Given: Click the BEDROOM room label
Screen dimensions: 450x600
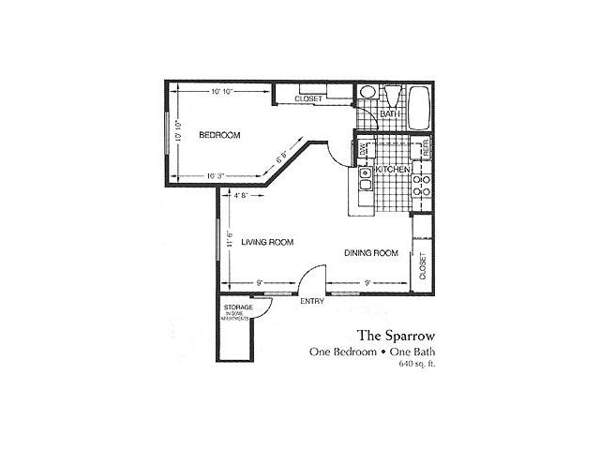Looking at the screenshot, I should point(219,135).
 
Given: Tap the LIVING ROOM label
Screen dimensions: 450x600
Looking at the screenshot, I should point(267,243).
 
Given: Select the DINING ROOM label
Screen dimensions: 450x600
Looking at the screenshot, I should point(372,253).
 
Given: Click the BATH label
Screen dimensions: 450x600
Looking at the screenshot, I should point(390,114).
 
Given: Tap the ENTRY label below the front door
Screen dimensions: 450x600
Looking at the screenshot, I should point(311,301).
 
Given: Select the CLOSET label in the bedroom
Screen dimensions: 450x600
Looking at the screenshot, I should point(308,97).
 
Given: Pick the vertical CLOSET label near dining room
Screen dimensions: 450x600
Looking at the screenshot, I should point(423,267).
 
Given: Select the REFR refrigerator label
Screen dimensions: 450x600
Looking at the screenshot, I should point(424,148).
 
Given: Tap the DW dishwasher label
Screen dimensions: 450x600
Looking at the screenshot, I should point(362,149).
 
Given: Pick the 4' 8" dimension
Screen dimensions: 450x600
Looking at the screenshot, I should point(240,195).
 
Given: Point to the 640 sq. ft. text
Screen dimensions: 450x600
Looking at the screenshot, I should point(417,364).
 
